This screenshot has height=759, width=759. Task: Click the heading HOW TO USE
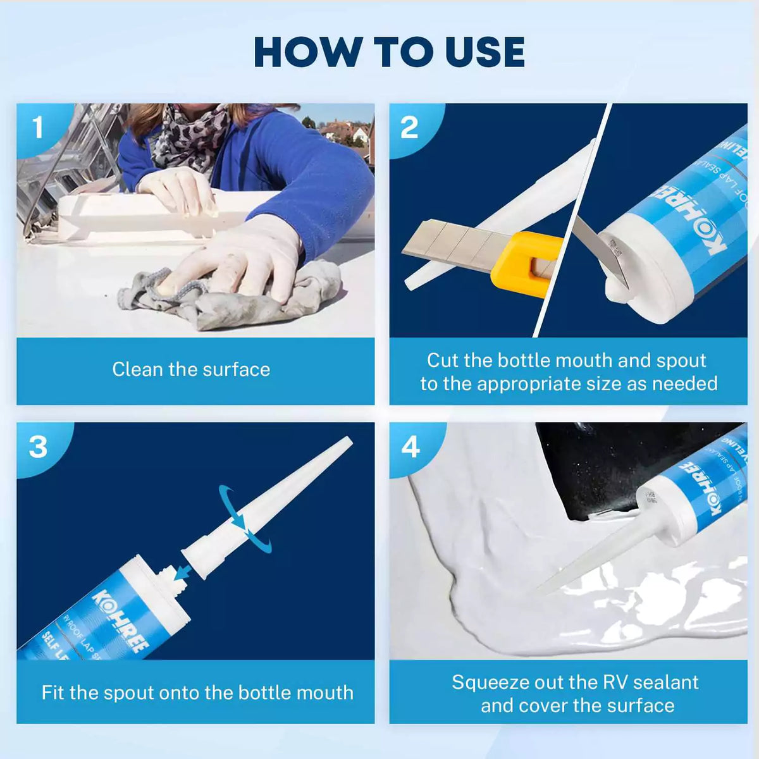389,52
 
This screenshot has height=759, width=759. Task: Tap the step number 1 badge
38,128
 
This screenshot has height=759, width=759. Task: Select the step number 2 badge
409,128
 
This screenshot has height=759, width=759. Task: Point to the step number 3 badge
38,447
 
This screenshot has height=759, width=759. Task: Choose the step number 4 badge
410,447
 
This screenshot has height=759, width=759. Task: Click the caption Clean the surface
191,369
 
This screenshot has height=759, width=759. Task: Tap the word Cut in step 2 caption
442,361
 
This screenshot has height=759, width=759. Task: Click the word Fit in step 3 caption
53,693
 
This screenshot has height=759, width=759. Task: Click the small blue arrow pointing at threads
184,573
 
